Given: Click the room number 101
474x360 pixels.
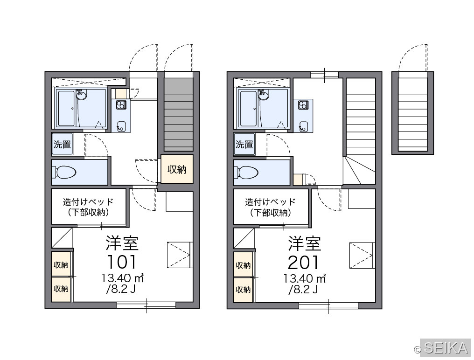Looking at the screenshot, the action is click(x=122, y=262).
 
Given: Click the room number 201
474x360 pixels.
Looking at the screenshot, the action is click(x=304, y=263).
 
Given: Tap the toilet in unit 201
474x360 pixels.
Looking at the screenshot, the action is click(x=247, y=173).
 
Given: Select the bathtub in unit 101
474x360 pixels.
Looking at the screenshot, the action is click(x=66, y=109).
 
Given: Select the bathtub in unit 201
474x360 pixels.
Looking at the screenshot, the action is click(x=249, y=109).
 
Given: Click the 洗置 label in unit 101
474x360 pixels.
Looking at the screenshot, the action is click(x=62, y=144).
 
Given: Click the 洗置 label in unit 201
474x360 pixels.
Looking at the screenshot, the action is click(x=244, y=144).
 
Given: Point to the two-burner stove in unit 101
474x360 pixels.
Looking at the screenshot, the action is click(x=121, y=105).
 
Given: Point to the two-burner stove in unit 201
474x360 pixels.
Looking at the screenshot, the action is click(x=303, y=105).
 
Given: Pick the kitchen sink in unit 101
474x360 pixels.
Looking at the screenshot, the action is click(x=121, y=126).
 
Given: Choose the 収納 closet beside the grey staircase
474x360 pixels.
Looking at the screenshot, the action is click(x=177, y=169).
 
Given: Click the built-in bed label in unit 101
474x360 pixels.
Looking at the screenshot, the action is click(x=88, y=207).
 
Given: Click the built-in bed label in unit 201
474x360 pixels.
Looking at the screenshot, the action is click(x=270, y=207).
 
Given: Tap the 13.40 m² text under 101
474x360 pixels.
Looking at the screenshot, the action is click(x=122, y=278).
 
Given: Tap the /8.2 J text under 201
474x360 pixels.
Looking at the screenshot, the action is click(x=303, y=290).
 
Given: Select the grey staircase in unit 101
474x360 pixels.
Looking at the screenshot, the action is click(x=178, y=115).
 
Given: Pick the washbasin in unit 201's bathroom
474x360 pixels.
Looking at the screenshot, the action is click(x=263, y=96).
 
